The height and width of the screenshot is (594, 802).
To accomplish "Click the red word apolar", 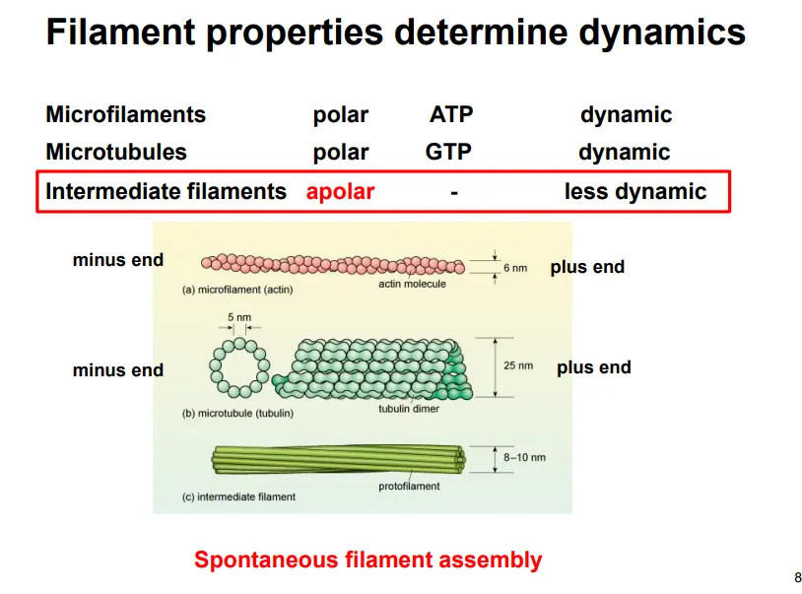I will coord(340,191).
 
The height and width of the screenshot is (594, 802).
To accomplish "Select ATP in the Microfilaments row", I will coord(451,114).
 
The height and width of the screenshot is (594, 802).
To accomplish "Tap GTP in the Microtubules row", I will coord(448,153).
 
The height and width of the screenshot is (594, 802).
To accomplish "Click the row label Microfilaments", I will coord(125,114).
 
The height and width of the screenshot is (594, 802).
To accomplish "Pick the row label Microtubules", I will coord(115,153).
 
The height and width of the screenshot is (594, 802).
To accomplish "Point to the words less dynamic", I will coord(635,191).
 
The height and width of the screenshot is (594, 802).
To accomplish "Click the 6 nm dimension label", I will coord(515,268).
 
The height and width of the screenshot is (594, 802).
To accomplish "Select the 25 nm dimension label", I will coord(518,365).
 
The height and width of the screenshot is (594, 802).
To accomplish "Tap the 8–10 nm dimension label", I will coord(523,457).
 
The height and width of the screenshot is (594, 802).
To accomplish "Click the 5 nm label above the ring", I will coord(238,317).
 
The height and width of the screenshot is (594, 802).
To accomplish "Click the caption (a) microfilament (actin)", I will coord(237,290).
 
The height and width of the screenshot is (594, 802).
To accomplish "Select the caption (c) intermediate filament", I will coord(238,496).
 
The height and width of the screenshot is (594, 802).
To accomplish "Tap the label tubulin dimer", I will coord(409,409).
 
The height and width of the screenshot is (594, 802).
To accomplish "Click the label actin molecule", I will coord(412,284).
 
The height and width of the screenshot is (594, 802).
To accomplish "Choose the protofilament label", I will coord(409,486).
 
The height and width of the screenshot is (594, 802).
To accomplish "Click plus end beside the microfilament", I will coord(587,267).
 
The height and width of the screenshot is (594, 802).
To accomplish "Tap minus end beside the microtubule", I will coord(117,370).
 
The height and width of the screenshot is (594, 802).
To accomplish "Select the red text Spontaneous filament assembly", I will coord(368,561).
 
